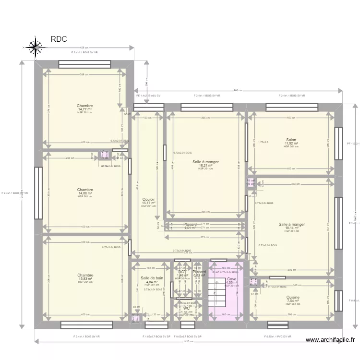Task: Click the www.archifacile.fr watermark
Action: (x=330, y=340)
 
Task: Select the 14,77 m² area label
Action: (x=84, y=109)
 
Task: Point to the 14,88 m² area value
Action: (x=84, y=193)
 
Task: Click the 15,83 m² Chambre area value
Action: (x=85, y=279)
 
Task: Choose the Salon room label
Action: (x=291, y=140)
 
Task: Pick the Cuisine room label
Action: (x=293, y=298)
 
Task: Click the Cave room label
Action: (x=232, y=279)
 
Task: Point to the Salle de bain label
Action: (x=152, y=278)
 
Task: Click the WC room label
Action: (x=187, y=308)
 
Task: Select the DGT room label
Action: (x=182, y=272)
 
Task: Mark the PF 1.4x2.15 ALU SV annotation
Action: (x=149, y=96)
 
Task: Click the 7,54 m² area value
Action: (x=292, y=301)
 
